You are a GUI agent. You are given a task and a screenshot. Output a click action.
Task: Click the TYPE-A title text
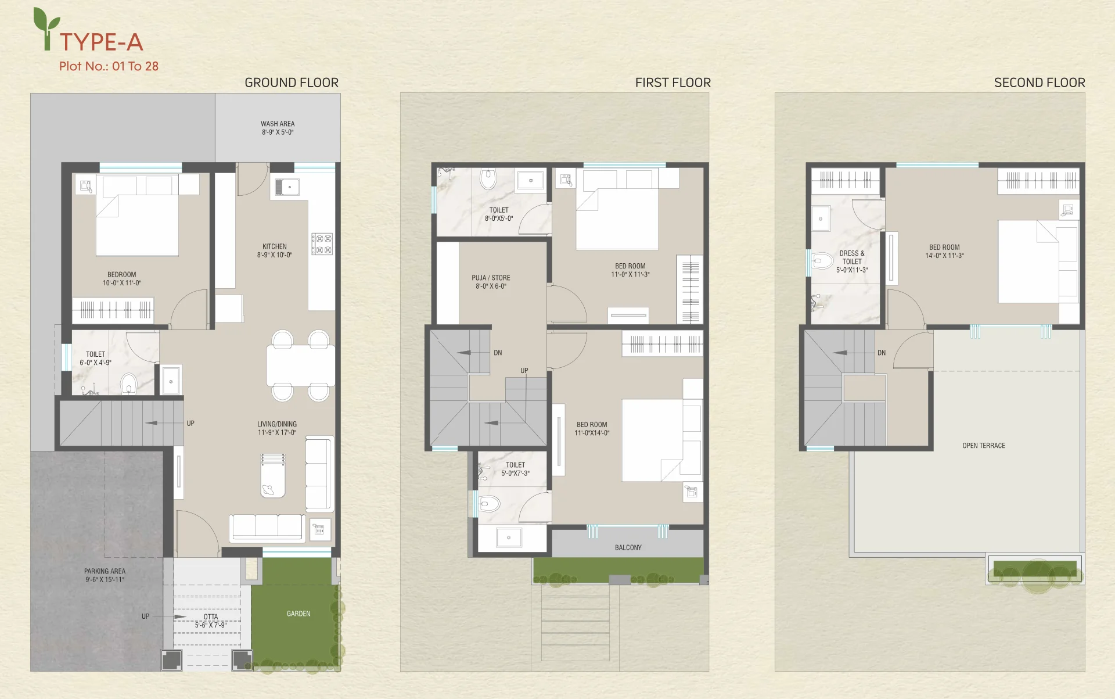101,42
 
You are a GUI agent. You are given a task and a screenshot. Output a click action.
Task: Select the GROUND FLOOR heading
292,83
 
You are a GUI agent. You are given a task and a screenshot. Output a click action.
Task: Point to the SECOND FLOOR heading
1040,83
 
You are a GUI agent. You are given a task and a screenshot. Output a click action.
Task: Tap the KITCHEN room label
275,246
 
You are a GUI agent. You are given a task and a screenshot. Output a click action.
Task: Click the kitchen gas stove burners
322,243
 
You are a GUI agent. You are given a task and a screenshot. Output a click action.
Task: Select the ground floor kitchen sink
287,187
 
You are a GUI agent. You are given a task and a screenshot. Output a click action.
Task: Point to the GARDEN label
298,614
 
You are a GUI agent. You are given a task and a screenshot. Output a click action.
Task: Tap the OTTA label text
211,616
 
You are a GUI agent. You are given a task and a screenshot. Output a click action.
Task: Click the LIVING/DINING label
277,424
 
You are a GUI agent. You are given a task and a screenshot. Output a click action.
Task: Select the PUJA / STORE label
491,278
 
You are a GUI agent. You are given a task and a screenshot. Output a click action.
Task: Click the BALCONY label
628,547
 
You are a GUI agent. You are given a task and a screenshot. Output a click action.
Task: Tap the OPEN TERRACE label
984,446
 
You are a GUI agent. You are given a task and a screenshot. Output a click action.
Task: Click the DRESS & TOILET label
852,257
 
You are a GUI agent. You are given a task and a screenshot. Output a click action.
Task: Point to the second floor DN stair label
882,353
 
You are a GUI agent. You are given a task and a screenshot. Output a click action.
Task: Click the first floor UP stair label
524,371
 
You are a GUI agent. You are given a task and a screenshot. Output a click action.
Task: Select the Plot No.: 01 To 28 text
109,66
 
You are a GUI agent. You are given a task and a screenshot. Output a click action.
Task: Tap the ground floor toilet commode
128,384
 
